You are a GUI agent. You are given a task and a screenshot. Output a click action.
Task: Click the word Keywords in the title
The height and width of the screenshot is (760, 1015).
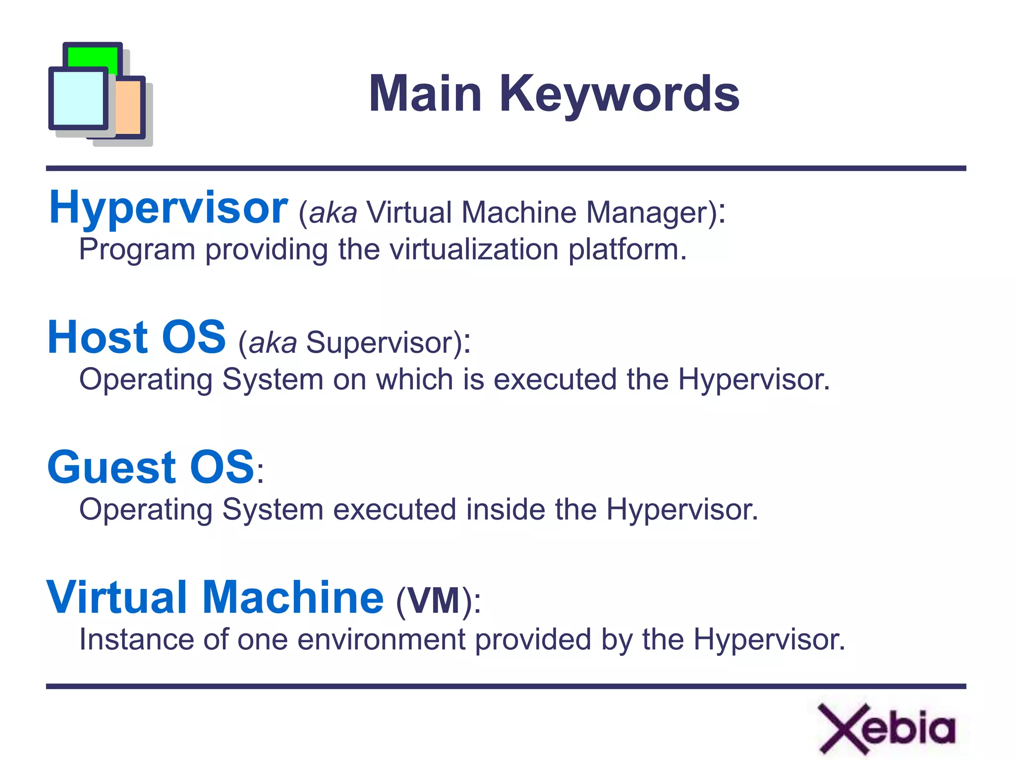619,94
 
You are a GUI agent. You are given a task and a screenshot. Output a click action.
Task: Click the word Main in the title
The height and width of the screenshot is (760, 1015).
425,94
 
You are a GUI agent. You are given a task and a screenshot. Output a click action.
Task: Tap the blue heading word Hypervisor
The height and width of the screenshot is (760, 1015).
168,208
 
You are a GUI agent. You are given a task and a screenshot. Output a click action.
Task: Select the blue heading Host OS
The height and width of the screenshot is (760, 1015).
137,338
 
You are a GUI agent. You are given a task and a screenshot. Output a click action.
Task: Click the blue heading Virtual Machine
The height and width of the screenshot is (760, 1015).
215,597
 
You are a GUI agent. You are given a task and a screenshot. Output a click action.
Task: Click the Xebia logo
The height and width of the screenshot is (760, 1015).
886,728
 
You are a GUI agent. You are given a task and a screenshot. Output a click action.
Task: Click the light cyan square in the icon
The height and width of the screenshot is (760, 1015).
78,98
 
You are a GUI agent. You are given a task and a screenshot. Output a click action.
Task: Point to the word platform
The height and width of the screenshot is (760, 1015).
627,250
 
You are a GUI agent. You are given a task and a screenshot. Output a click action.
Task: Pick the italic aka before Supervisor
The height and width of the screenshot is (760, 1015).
273,342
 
